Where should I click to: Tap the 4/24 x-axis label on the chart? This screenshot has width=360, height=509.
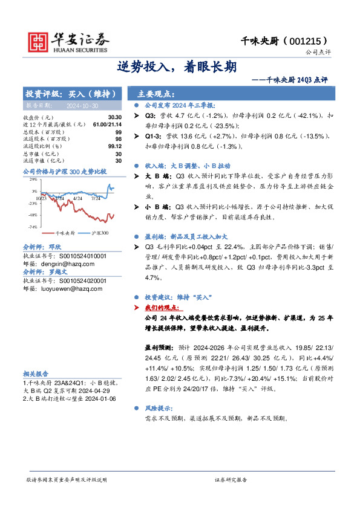77,198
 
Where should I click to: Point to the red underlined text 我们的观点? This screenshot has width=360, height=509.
163,306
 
